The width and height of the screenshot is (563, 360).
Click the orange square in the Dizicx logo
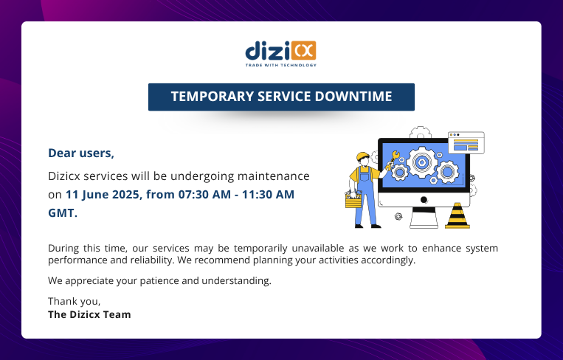tap(303, 50)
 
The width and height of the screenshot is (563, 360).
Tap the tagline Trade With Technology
tap(281, 65)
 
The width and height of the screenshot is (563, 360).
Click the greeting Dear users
tap(81, 153)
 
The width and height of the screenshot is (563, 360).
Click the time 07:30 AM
tap(204, 195)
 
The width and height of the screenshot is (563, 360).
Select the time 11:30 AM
tap(268, 195)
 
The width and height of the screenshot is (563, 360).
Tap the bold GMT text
tap(63, 213)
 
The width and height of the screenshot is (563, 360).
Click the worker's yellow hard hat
tap(362, 156)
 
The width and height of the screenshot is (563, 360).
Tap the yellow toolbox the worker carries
tap(353, 201)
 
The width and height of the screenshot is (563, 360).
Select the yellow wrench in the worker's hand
tap(392, 160)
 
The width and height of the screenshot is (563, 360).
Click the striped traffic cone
tap(457, 215)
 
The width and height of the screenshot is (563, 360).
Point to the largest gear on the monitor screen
tap(422, 162)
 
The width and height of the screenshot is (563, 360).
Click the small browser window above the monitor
tap(466, 142)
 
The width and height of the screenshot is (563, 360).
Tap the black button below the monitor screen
tap(424, 200)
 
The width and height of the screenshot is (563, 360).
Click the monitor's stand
tap(424, 218)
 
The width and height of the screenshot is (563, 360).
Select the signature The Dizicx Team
tap(89, 315)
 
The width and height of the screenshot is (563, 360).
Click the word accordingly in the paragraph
tap(388, 260)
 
